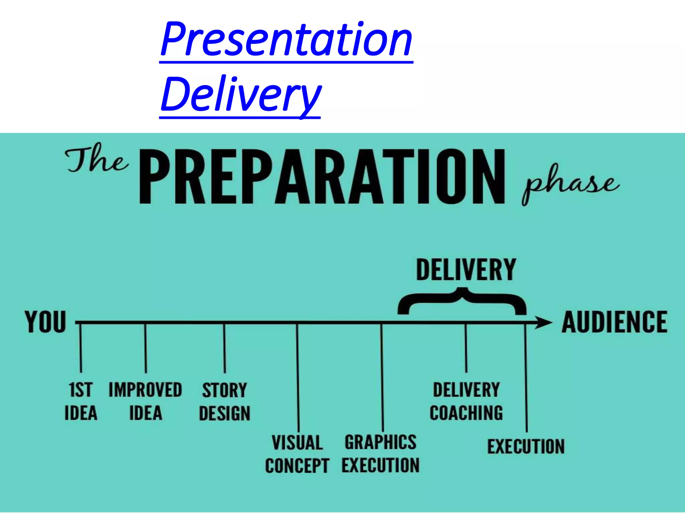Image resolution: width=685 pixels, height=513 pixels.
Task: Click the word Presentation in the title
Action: click(x=286, y=39)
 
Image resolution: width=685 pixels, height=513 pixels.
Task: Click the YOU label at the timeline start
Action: click(x=45, y=322)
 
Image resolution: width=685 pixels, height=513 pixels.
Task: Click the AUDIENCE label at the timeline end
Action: click(x=615, y=322)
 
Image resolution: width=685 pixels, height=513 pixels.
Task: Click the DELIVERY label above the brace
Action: click(x=466, y=270)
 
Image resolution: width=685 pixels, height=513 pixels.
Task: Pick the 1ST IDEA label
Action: click(x=81, y=401)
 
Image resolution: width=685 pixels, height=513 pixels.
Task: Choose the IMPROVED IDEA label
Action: click(x=145, y=401)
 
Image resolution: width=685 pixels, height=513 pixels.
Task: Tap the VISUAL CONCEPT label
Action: click(x=297, y=454)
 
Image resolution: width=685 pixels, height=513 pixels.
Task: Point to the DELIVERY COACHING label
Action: click(x=466, y=401)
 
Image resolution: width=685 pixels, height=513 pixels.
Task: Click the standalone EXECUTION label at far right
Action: click(x=526, y=447)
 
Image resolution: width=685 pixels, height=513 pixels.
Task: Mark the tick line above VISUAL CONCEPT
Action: click(x=298, y=377)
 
